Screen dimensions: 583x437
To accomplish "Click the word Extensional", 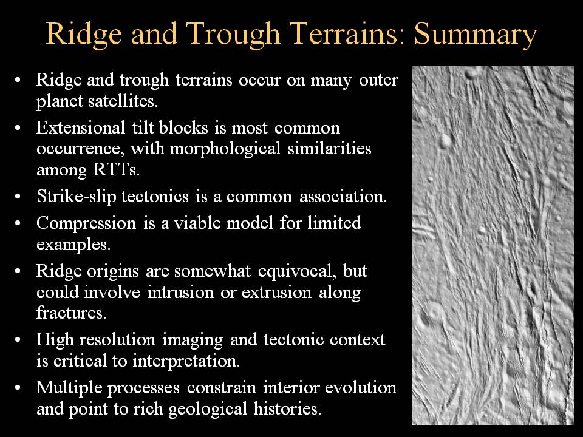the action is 81,127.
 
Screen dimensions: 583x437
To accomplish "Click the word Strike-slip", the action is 77,197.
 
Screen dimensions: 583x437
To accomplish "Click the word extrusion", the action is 276,292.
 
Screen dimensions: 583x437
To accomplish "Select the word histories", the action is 287,408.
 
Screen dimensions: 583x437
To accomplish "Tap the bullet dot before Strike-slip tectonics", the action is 18,196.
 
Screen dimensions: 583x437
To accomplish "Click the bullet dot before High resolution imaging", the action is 18,340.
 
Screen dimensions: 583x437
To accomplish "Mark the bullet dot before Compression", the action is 18,223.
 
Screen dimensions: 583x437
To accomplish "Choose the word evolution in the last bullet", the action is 360,388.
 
